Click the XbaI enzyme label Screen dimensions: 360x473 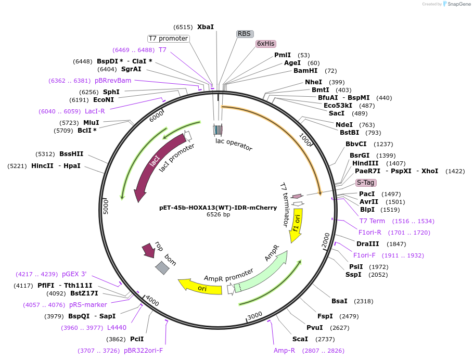click(x=205, y=27)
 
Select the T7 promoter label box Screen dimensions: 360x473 click(x=168, y=38)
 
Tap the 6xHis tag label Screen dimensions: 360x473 click(x=265, y=44)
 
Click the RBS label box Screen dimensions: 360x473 click(x=245, y=34)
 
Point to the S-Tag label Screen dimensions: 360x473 click(x=365, y=183)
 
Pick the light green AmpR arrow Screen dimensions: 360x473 click(x=263, y=271)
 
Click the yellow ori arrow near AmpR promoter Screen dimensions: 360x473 click(x=200, y=287)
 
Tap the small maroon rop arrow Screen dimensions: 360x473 click(x=149, y=251)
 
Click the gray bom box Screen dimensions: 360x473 click(x=162, y=267)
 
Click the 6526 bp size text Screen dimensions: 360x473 click(x=218, y=214)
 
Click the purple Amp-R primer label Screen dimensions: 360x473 click(x=284, y=350)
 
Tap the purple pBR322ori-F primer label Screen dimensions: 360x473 click(x=143, y=351)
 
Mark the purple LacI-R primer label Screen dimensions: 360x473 click(x=95, y=111)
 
